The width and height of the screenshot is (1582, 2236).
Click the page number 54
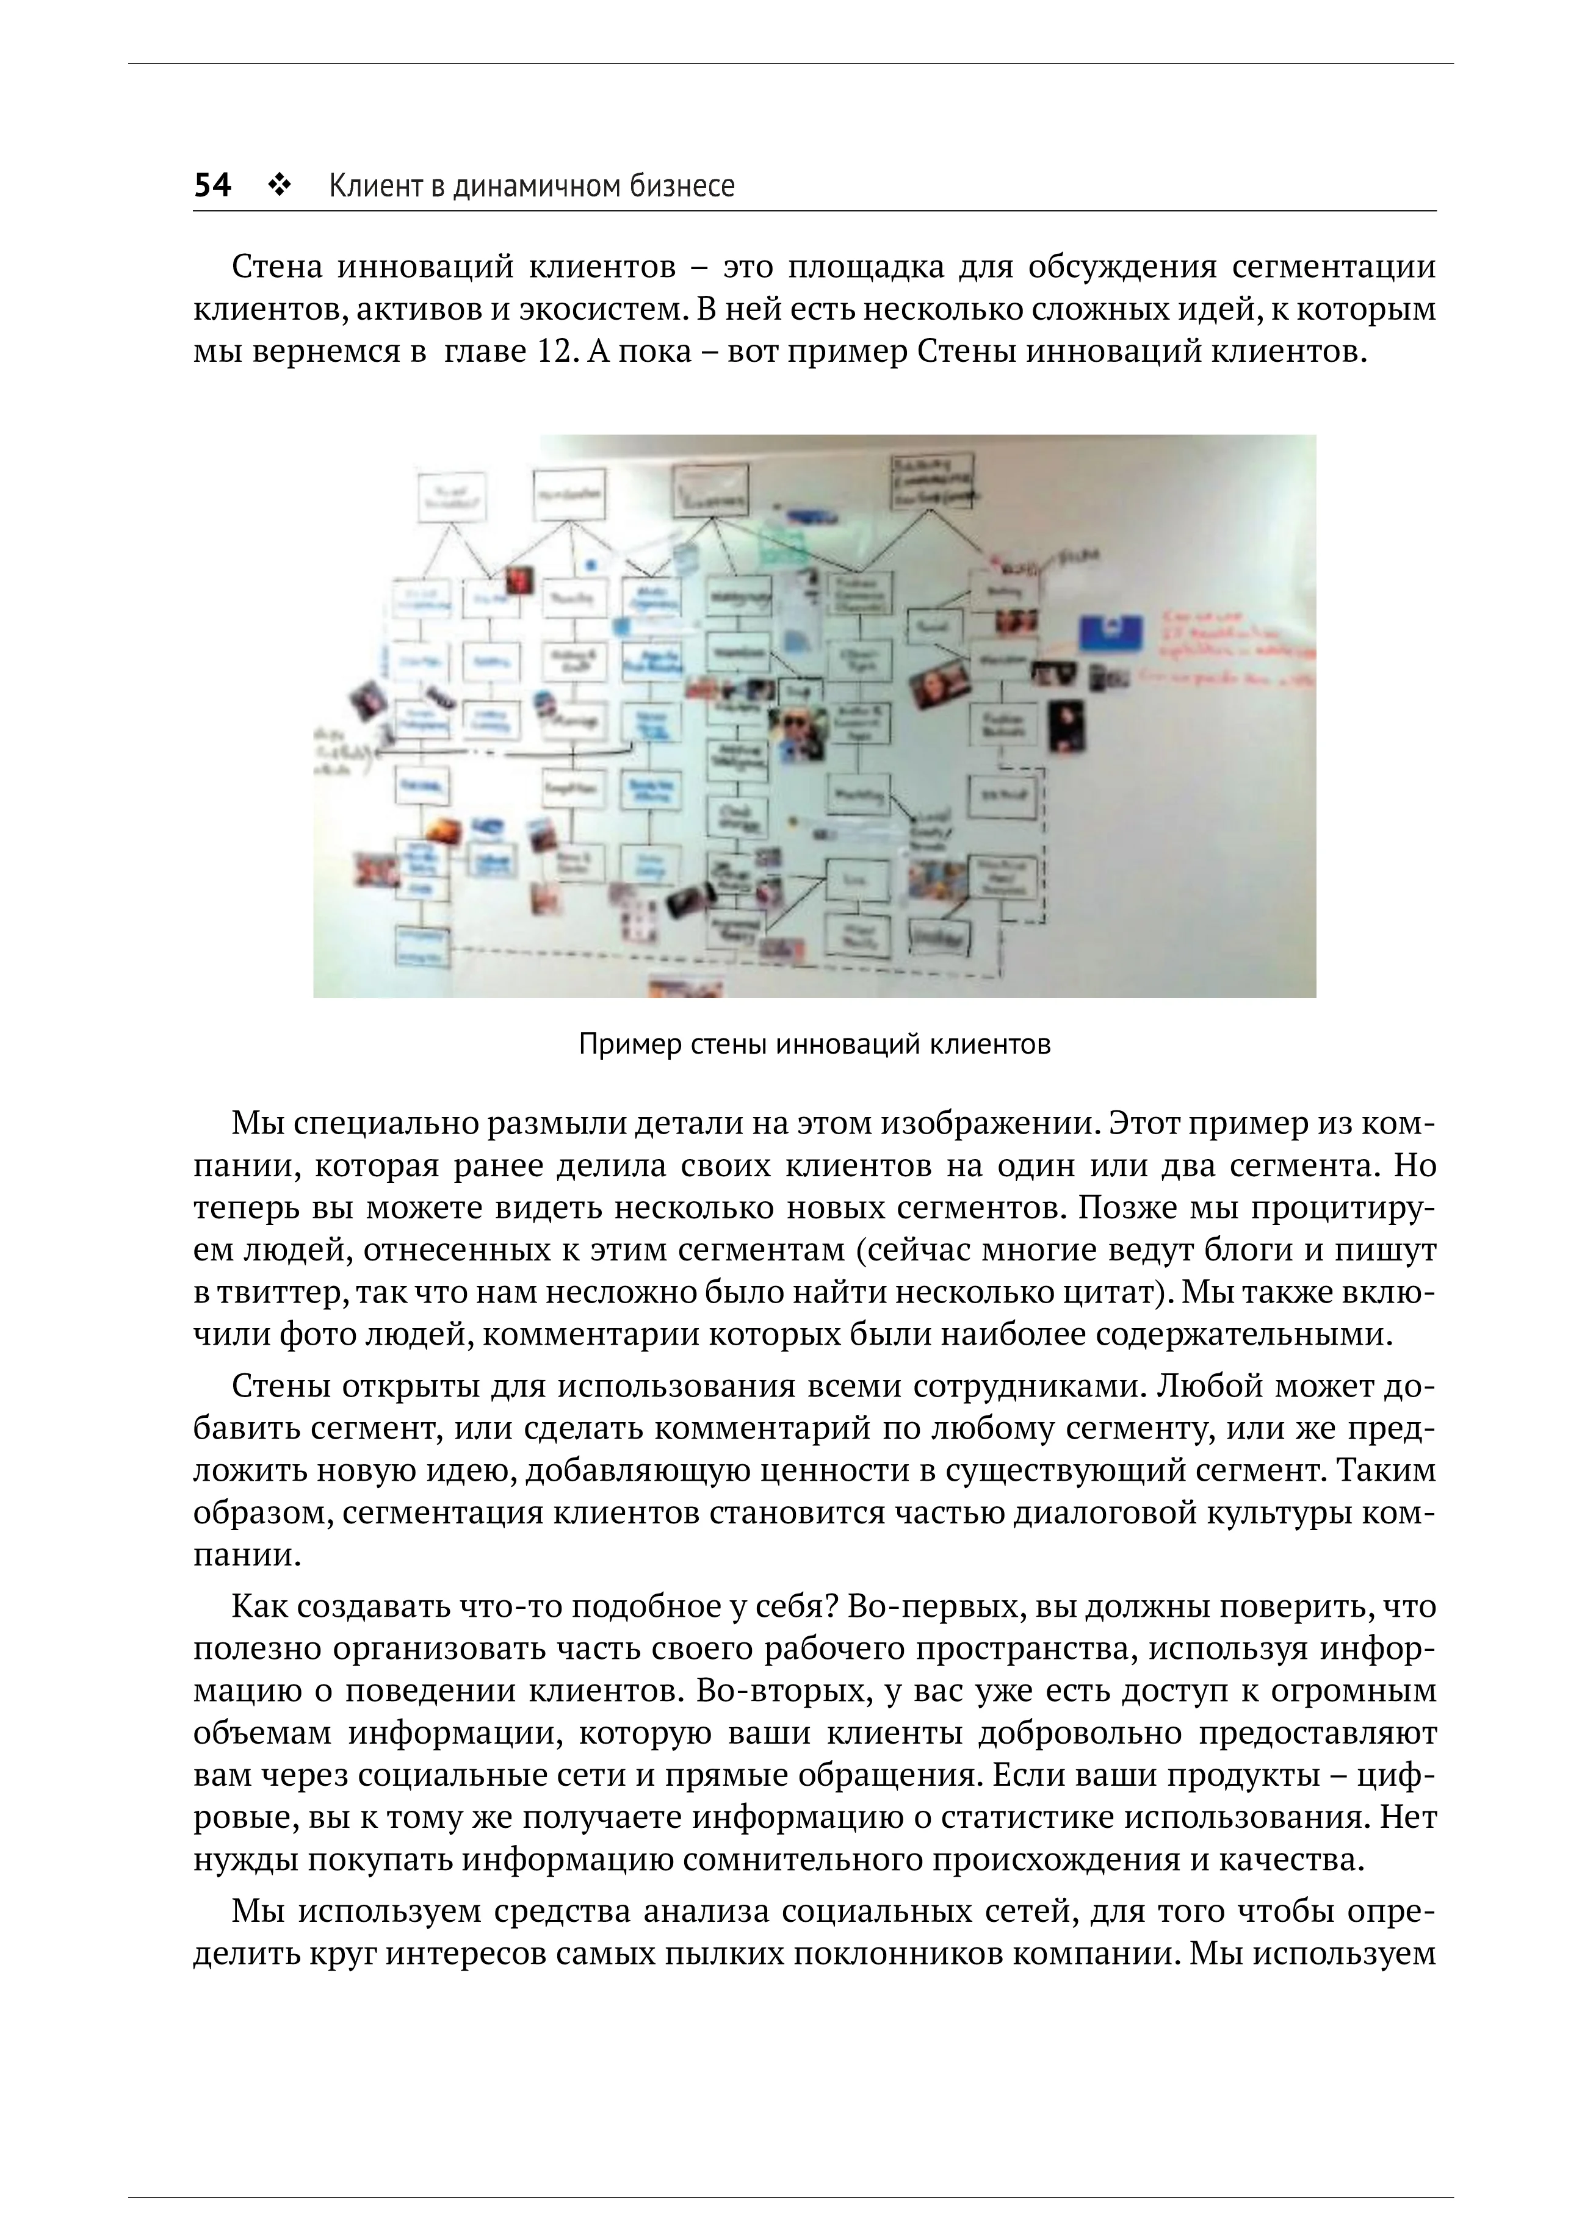pyautogui.click(x=212, y=184)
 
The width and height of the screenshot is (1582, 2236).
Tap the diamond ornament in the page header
pyautogui.click(x=280, y=184)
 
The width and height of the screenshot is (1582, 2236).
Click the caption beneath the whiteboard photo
pyautogui.click(x=814, y=1045)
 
